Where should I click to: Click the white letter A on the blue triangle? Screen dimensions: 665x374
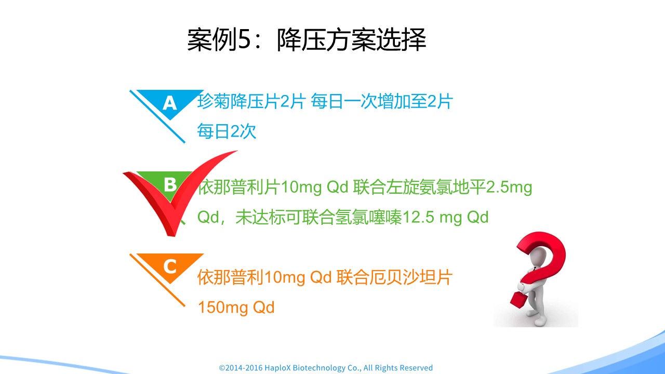(x=170, y=103)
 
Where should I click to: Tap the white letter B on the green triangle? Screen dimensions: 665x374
(x=170, y=184)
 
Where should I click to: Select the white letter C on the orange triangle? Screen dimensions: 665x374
(x=170, y=266)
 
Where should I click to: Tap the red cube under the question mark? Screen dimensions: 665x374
(x=518, y=300)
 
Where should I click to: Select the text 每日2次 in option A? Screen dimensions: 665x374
(x=227, y=131)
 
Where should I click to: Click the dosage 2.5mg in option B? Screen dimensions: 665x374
(x=509, y=188)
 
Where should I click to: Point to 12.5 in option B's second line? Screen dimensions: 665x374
(x=418, y=217)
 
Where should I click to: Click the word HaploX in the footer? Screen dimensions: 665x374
(x=278, y=368)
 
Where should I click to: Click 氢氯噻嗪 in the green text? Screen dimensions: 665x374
(x=368, y=217)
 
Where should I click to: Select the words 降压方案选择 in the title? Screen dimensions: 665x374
(x=352, y=39)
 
